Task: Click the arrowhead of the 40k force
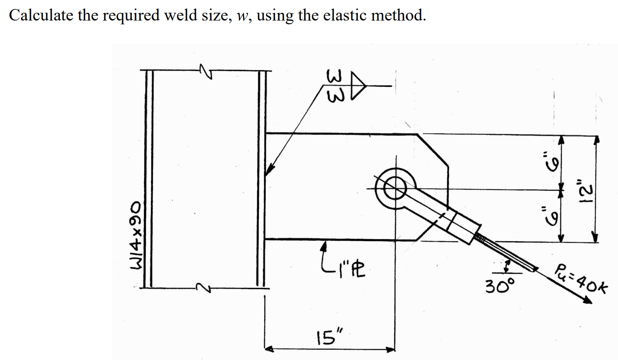click(588, 300)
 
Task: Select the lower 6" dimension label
click(545, 213)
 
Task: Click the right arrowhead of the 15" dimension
click(391, 349)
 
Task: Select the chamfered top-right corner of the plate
click(433, 149)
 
